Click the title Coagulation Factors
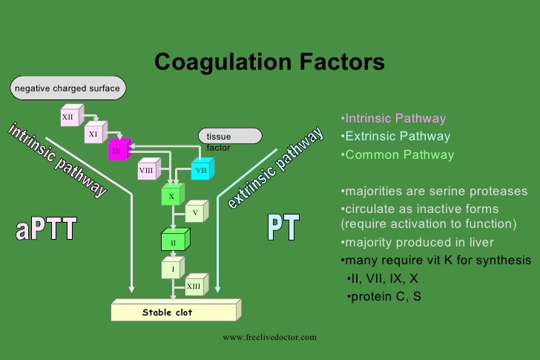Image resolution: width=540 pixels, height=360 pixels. pos(269,62)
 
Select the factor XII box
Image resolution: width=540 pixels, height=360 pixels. pos(69,117)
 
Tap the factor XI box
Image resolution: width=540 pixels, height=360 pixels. pos(93,134)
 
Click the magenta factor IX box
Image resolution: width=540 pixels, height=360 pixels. pos(117,151)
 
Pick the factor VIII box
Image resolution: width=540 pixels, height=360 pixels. pos(147,171)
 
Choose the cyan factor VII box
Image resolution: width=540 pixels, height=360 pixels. pos(201,171)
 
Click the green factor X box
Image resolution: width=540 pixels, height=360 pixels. pos(172,197)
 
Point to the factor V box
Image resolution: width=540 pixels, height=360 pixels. pos(195,213)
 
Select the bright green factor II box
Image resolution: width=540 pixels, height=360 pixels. pos(174,242)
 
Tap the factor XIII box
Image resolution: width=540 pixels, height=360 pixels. pos(194,286)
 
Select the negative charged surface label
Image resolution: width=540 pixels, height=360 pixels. pos(67,88)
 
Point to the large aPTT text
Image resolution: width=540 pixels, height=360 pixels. pos(46,229)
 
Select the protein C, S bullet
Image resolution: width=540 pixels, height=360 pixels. pos(385,298)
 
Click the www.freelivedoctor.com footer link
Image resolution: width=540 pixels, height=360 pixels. pos(269,337)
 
